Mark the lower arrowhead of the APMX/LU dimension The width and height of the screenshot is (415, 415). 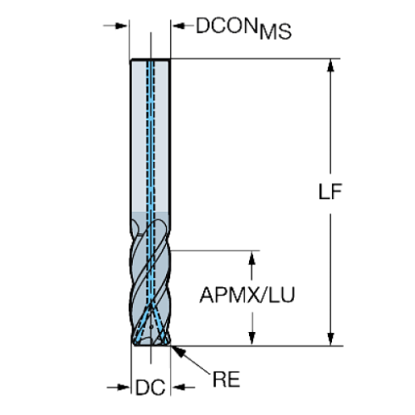click(251, 340)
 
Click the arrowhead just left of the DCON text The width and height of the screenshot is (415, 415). click(180, 27)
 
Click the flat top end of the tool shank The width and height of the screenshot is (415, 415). click(151, 61)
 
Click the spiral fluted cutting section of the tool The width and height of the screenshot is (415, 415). click(152, 271)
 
